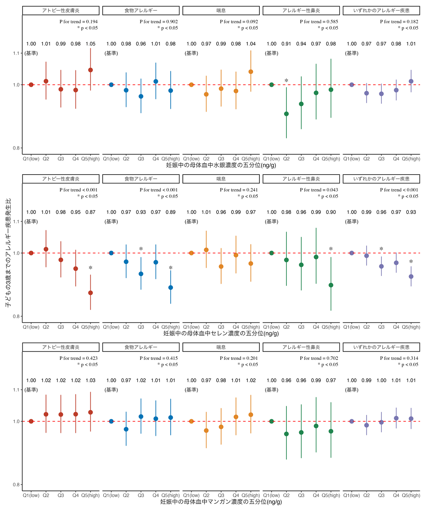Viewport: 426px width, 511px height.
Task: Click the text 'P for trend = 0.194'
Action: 78,22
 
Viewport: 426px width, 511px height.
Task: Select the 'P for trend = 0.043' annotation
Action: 319,190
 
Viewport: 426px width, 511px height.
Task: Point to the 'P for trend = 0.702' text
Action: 319,358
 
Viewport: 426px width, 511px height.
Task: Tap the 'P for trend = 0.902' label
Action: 159,22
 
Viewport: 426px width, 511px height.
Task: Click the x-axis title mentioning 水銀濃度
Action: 221,165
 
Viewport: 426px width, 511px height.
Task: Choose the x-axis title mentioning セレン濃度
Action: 221,333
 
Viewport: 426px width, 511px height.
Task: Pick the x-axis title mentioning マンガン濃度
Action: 221,501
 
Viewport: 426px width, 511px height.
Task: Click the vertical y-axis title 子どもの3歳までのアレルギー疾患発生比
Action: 8,253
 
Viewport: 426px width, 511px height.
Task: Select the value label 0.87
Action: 91,212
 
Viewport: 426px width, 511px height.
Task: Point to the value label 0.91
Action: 286,44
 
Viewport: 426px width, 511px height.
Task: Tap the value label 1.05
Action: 91,44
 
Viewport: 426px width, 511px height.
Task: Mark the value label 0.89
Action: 171,212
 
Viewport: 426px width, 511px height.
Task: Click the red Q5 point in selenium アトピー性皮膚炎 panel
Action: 91,293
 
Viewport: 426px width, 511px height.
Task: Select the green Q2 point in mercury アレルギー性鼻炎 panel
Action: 286,114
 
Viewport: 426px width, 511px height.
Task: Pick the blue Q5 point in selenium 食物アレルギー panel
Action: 171,287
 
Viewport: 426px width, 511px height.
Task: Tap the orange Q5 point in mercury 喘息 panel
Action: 251,72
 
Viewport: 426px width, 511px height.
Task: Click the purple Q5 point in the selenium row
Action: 411,276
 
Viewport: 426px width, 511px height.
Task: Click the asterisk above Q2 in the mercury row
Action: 286,81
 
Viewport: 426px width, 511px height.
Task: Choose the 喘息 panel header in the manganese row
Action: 221,347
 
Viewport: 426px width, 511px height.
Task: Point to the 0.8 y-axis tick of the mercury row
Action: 16,148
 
